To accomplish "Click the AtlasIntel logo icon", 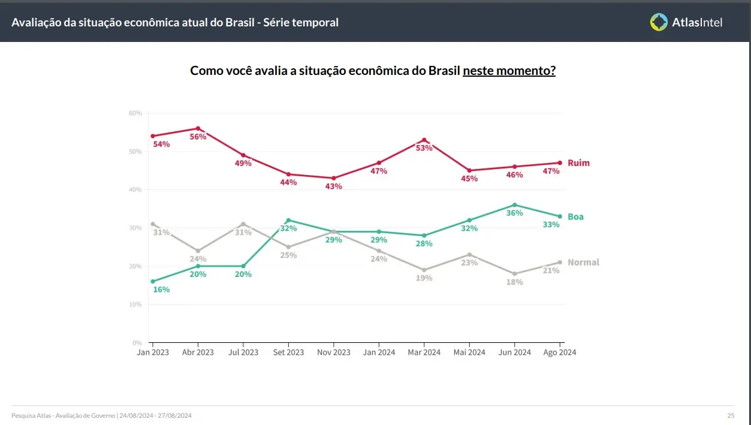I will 659,22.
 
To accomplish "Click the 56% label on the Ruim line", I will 198,137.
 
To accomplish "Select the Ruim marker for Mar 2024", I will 424,140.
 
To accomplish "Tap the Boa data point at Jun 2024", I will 514,205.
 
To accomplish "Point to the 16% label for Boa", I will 161,290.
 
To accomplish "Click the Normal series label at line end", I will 583,263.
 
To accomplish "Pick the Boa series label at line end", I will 575,217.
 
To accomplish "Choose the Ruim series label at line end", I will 578,163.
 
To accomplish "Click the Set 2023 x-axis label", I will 288,352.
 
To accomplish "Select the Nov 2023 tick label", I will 333,352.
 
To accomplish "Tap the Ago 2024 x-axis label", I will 559,352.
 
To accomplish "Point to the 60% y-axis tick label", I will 135,113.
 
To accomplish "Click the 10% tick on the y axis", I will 135,305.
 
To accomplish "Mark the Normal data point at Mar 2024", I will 424,270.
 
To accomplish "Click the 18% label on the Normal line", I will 514,282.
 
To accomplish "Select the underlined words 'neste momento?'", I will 509,71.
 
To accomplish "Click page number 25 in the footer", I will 731,415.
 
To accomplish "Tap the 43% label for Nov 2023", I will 333,186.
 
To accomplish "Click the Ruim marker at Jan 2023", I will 153,136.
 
